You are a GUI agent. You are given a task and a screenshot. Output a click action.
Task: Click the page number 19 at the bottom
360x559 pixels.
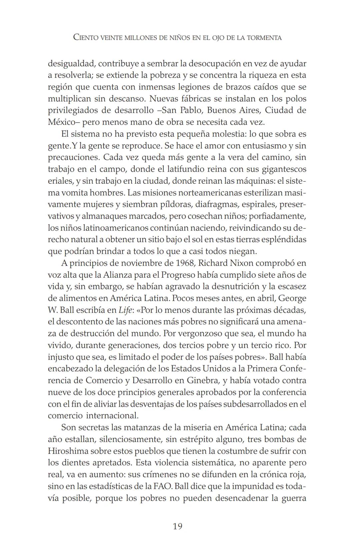pyautogui.click(x=178, y=526)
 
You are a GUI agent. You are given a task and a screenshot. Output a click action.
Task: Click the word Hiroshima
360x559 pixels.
pyautogui.click(x=68, y=451)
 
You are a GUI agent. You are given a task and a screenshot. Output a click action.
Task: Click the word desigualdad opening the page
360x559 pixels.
pyautogui.click(x=71, y=63)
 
